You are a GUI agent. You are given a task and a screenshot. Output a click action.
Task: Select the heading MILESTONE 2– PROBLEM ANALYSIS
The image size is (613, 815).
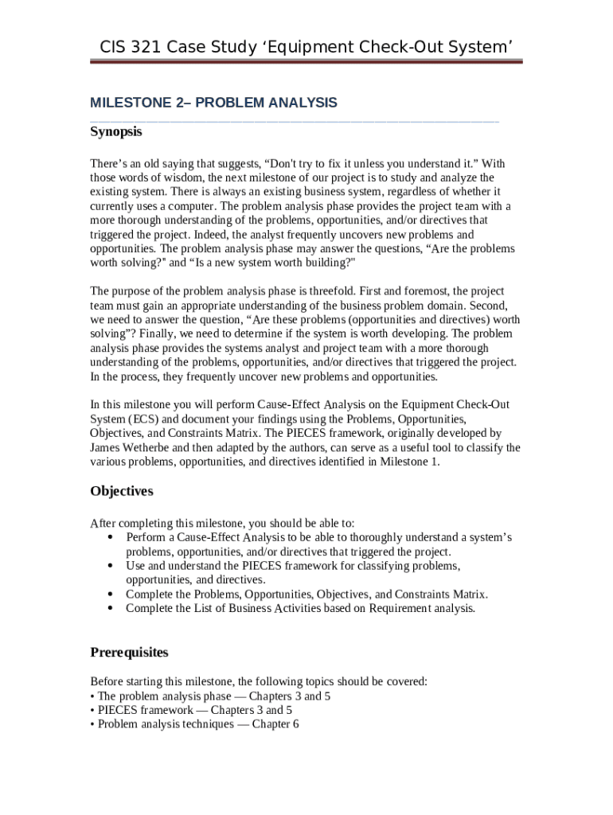[x=213, y=103]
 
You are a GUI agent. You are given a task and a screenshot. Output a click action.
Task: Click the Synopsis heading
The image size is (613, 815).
[x=116, y=131]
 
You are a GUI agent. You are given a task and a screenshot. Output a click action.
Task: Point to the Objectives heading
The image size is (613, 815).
[x=122, y=491]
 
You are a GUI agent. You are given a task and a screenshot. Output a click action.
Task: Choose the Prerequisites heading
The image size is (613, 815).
[x=130, y=653]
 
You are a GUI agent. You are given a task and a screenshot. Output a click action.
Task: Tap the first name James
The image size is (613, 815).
[x=107, y=447]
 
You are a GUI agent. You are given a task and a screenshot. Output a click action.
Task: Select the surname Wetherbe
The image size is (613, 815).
[x=158, y=447]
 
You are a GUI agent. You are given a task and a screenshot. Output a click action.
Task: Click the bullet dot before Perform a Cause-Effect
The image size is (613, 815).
[x=109, y=537]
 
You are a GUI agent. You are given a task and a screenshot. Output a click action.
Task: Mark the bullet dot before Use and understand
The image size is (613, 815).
[x=109, y=566]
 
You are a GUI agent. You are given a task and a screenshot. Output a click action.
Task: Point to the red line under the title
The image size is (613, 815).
[x=306, y=61]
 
